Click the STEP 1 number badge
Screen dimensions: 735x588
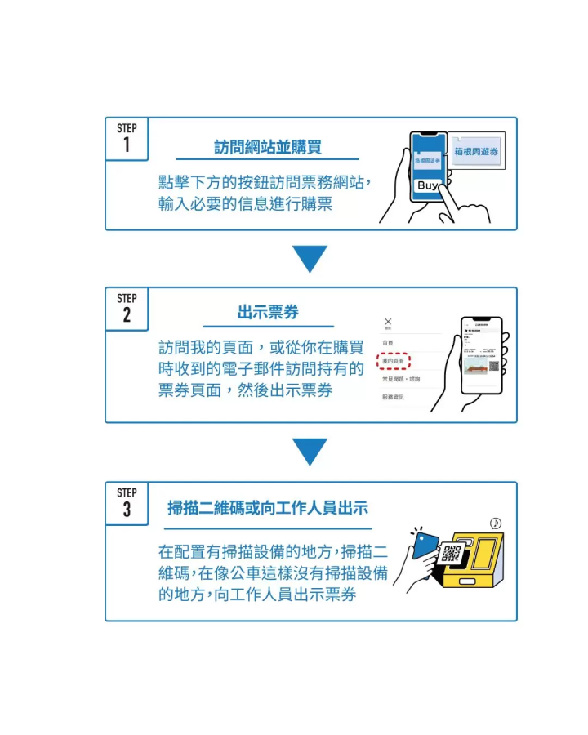(x=127, y=138)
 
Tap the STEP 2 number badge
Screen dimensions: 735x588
(x=127, y=308)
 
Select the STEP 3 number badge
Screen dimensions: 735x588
(x=127, y=502)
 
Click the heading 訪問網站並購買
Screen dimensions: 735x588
(x=268, y=147)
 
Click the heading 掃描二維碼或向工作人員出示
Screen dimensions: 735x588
(x=268, y=508)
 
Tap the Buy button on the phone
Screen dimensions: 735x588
(x=427, y=185)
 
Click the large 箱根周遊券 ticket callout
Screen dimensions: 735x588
(x=476, y=152)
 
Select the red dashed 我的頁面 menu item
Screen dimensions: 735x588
(x=393, y=360)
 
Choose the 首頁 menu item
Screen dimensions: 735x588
(x=388, y=342)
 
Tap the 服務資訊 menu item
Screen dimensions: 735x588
(x=393, y=397)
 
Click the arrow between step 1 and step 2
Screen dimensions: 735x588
(x=310, y=259)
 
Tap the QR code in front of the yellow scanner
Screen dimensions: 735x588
(x=451, y=553)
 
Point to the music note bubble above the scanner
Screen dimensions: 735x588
(x=495, y=523)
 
